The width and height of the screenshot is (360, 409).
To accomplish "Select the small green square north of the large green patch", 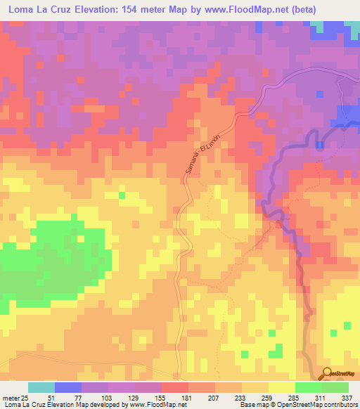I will coord(122,195).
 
